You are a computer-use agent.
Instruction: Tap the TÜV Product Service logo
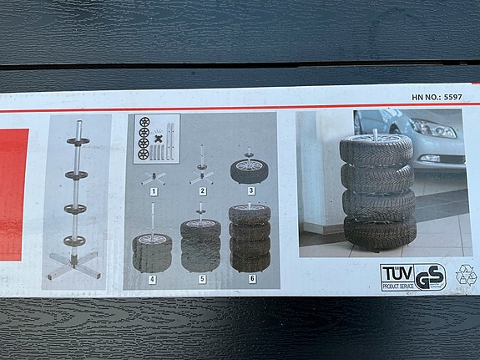[397, 276]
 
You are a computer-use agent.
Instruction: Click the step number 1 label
[153, 191]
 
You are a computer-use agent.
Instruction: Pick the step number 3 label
[250, 191]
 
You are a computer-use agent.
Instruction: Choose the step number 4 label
[153, 279]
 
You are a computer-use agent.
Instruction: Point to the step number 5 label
[200, 279]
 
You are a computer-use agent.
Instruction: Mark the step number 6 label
[250, 279]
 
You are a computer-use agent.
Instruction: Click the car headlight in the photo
[434, 129]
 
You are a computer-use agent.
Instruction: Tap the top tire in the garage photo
[376, 149]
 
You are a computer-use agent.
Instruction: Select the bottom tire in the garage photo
[380, 231]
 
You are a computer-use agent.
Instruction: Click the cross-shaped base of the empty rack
[73, 262]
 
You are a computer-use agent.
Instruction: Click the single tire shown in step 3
[250, 170]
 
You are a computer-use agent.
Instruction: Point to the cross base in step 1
[153, 177]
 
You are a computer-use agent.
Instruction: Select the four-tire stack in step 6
[250, 237]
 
